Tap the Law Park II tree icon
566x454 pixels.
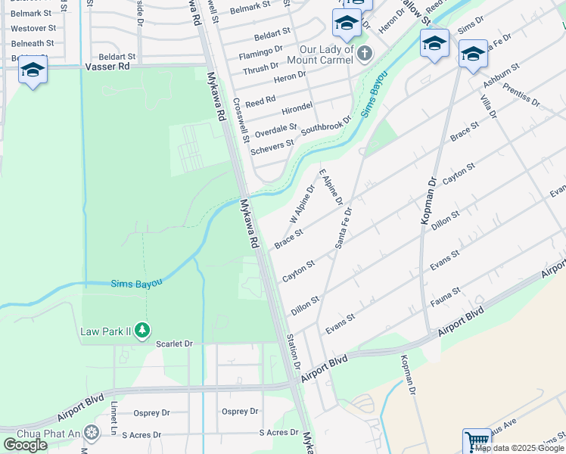(142, 331)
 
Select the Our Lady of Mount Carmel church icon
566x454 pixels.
(365, 53)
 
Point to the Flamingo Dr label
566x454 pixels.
(260, 54)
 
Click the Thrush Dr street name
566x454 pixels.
(261, 70)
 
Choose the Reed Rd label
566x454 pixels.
(260, 101)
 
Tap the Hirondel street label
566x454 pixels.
(297, 107)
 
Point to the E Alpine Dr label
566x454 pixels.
(331, 187)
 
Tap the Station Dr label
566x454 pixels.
(292, 353)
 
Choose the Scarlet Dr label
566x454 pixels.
(175, 344)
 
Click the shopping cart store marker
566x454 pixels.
(477, 441)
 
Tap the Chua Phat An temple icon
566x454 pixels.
(92, 432)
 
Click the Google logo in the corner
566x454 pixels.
(26, 445)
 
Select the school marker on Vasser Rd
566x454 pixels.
(33, 70)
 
